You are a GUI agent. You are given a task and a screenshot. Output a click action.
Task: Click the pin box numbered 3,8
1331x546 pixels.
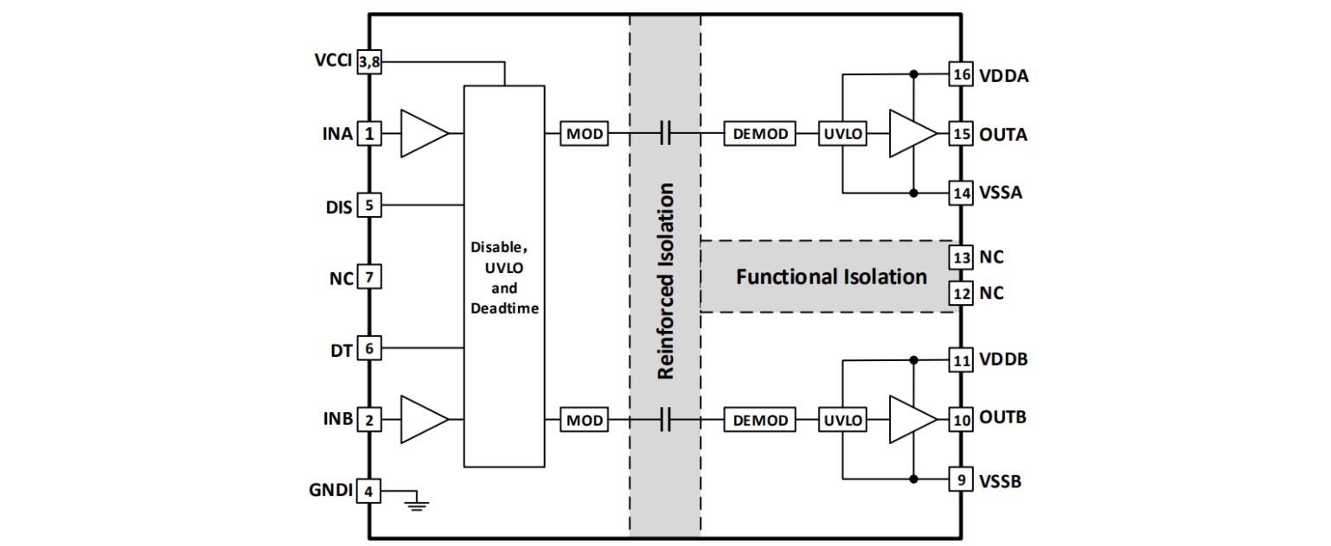click(x=369, y=62)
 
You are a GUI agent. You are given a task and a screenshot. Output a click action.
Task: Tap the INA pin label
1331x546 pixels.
click(x=336, y=134)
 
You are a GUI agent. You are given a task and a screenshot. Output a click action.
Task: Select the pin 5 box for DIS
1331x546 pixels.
click(x=369, y=206)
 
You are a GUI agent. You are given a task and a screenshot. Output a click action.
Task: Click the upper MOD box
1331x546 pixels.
click(x=585, y=134)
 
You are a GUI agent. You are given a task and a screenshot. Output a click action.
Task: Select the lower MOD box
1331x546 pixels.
click(x=585, y=420)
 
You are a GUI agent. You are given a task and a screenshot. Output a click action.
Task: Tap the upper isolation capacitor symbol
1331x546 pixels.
click(x=665, y=134)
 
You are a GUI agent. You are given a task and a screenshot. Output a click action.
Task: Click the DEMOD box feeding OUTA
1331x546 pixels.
click(x=761, y=134)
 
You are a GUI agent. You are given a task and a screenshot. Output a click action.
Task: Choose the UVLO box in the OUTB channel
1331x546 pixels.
click(x=842, y=420)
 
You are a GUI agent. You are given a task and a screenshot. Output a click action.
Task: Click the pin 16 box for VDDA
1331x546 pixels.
click(x=960, y=74)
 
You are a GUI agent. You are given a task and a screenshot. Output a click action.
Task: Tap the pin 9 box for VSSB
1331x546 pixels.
click(x=960, y=479)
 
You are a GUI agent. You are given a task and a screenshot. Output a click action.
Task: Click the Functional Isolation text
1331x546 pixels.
click(x=831, y=277)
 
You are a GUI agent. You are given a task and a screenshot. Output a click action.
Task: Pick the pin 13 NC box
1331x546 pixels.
click(x=960, y=257)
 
